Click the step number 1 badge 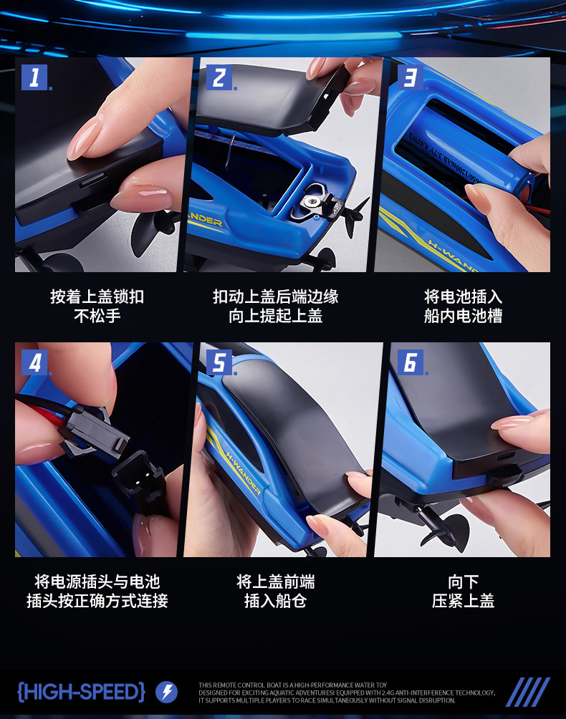[34, 77]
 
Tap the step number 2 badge [219, 77]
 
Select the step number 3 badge [409, 77]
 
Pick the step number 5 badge [219, 362]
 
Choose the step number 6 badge [409, 362]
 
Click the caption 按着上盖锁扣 [97, 296]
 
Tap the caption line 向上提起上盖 [276, 316]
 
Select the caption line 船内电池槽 [463, 316]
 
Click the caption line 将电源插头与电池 [97, 582]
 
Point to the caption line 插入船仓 [276, 601]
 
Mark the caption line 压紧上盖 [463, 601]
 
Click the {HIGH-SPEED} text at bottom [81, 692]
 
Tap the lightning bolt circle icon [166, 692]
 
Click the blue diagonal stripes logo [528, 692]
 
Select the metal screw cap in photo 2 [310, 203]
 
